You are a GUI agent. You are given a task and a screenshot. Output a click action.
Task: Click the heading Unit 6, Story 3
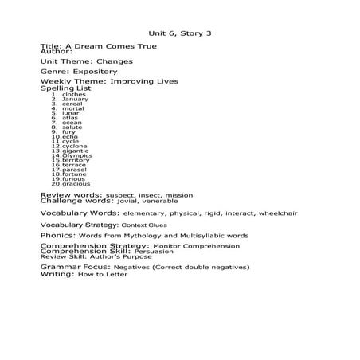pos(181,33)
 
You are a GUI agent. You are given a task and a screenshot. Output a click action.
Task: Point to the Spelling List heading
pos(65,88)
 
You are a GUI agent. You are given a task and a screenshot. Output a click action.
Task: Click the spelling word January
pos(75,100)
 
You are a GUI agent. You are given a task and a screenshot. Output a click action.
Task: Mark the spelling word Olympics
pos(77,155)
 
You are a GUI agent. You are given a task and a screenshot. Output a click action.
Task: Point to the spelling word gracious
pos(76,184)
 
